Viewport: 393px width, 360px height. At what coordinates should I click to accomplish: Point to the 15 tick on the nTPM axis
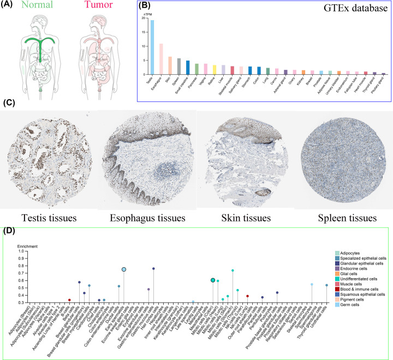(x=144, y=32)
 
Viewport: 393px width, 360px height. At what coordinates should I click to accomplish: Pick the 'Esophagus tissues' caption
(x=147, y=218)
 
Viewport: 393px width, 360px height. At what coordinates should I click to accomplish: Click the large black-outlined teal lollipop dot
(x=213, y=280)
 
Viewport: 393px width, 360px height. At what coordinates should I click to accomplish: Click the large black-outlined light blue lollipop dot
(x=124, y=269)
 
